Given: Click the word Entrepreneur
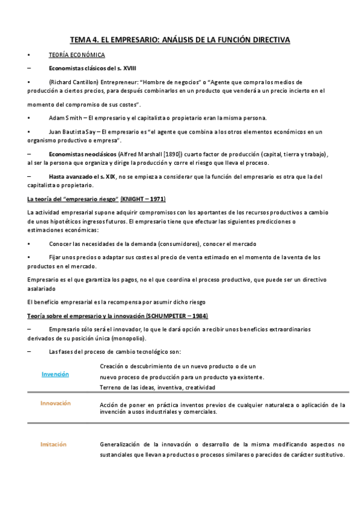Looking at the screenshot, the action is (132, 81).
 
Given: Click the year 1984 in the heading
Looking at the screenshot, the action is (198, 316).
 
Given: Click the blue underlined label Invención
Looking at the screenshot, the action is (55, 374).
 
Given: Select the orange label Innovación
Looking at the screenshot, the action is (55, 404).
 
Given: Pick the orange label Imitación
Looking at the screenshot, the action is (53, 444).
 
